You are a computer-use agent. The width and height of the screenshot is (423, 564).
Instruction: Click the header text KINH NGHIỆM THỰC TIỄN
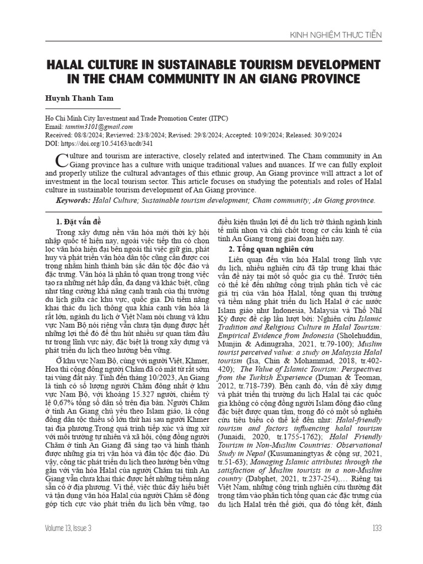pos(335,35)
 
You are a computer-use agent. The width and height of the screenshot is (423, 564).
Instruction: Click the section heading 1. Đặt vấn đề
pos(78,221)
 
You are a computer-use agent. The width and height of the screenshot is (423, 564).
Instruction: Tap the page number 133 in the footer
pos(376,528)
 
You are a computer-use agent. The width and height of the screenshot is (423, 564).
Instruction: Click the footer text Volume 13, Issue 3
pos(69,528)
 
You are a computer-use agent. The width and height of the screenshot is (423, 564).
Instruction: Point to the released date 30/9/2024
pos(325,135)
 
